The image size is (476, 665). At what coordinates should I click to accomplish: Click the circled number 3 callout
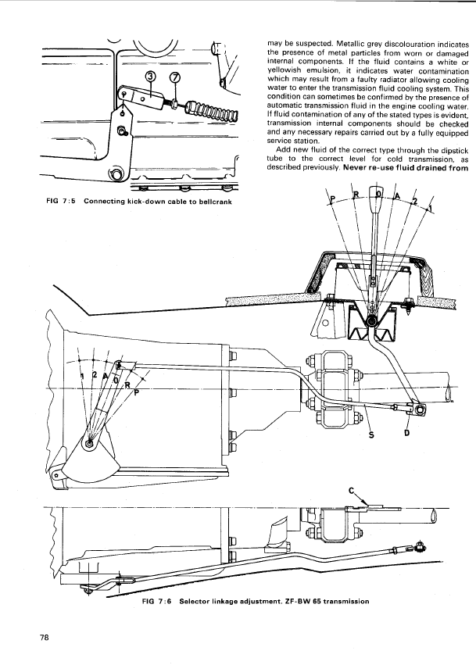coord(151,77)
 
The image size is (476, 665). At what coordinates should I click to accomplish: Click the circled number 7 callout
coord(175,77)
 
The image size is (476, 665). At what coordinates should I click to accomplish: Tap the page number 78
coord(44,638)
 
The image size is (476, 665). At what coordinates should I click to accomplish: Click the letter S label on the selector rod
coord(371,434)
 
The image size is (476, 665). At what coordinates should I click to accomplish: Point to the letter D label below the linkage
coord(406,434)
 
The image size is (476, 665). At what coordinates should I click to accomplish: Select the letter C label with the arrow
coord(351,491)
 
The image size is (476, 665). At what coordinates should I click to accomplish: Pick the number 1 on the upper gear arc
coord(430,207)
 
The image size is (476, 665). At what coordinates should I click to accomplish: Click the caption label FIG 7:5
coord(60,202)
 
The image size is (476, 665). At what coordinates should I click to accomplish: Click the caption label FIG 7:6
coord(156,601)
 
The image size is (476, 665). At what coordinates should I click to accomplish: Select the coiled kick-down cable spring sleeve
coord(213,109)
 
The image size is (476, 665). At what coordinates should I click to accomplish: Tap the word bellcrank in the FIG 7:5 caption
coord(215,202)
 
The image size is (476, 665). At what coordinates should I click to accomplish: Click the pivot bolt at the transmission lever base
coord(90,443)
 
